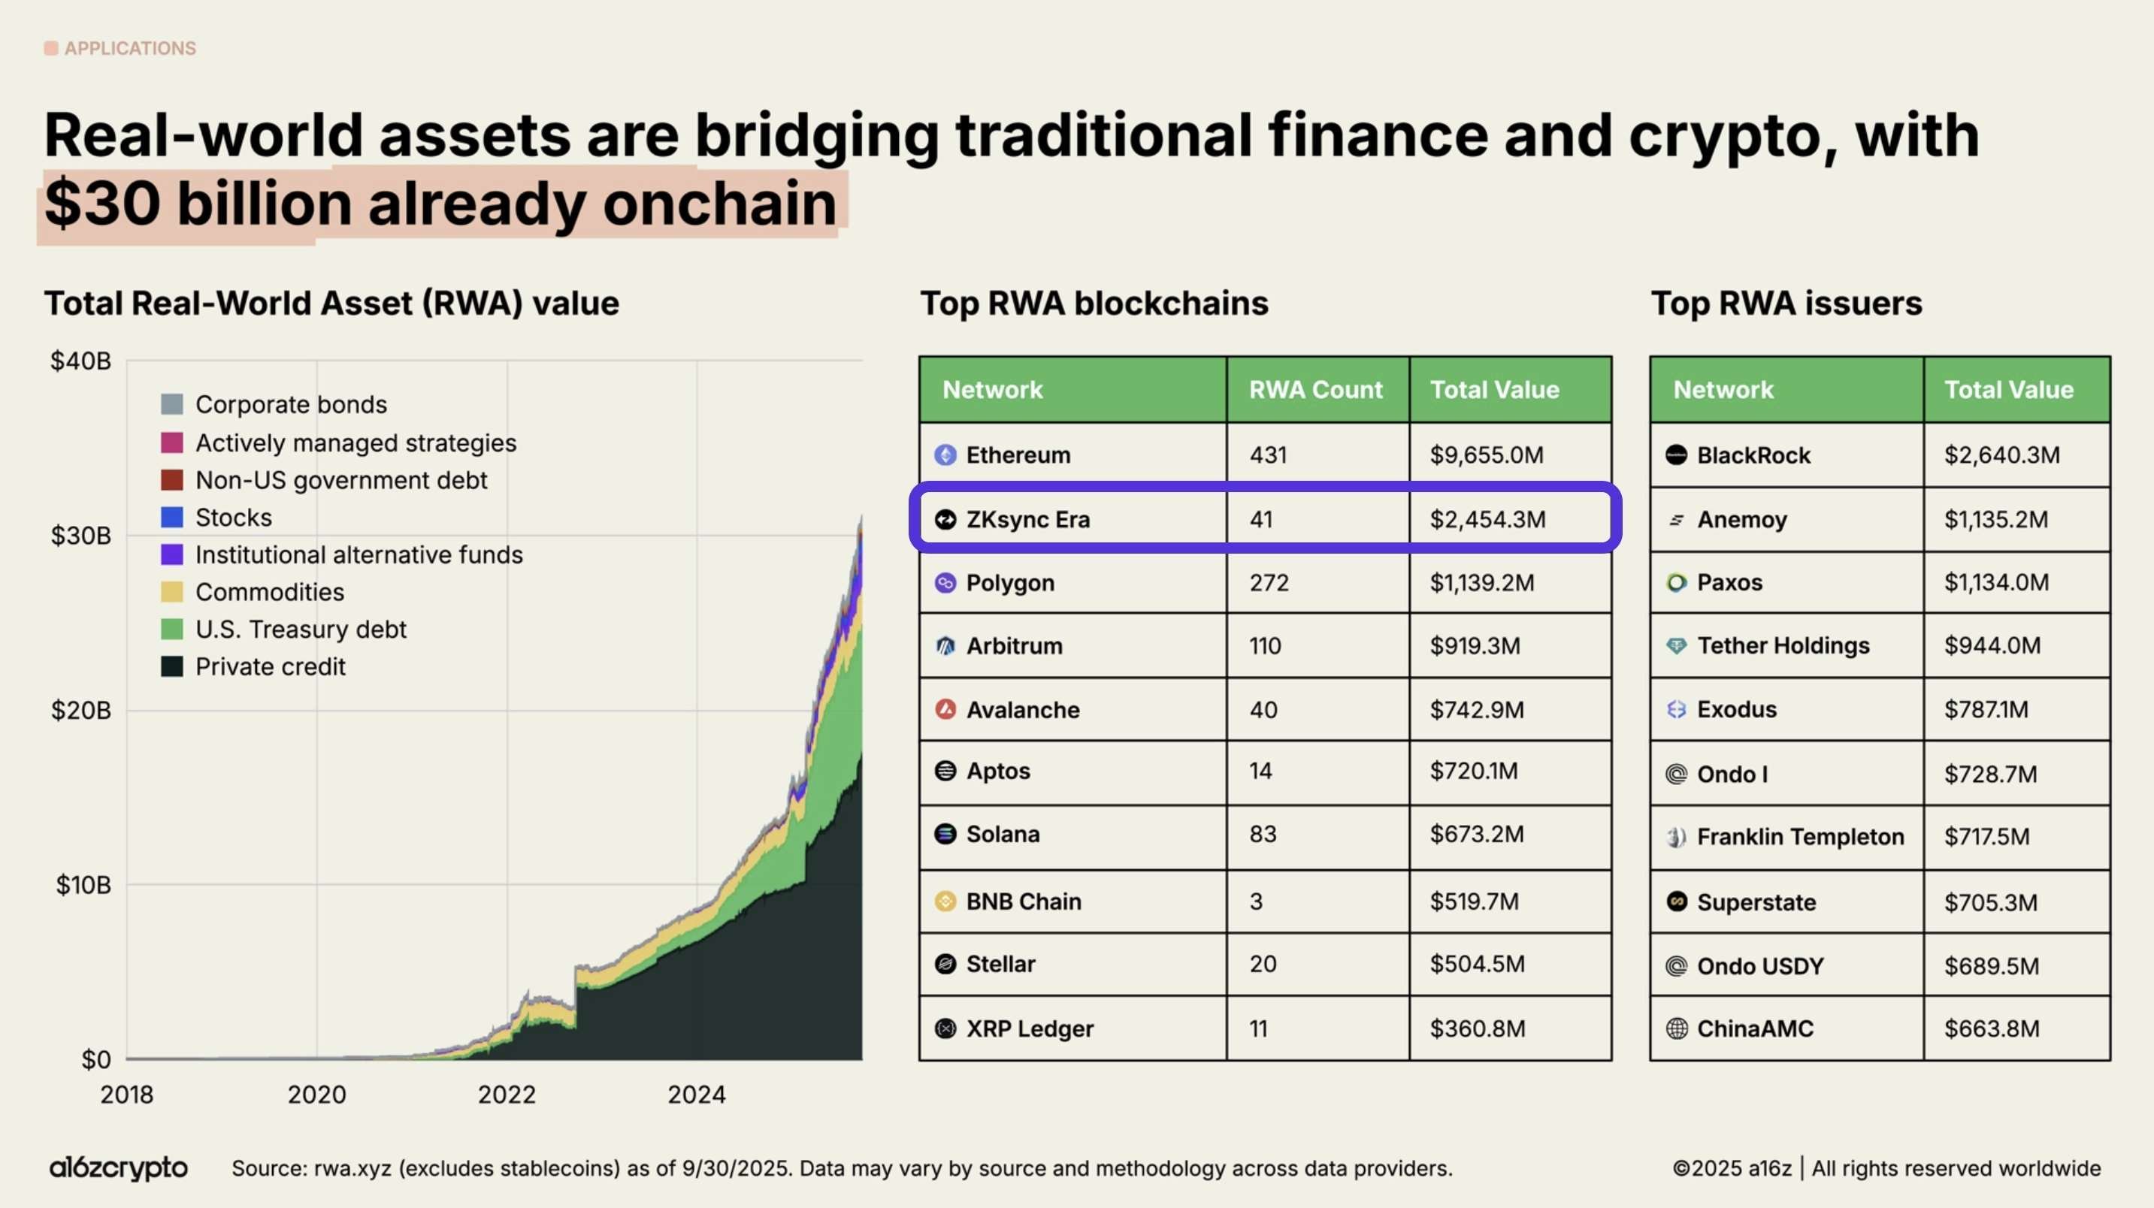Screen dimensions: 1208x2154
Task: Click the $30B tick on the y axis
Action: coord(81,536)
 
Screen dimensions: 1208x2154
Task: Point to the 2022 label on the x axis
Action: coord(506,1095)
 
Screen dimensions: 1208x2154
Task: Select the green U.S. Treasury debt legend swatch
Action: coord(171,630)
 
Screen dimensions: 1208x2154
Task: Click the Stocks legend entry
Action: coord(233,518)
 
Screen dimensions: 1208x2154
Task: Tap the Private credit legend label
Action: coord(270,666)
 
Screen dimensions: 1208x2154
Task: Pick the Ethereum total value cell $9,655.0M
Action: coord(1486,455)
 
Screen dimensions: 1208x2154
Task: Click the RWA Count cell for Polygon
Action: coord(1269,583)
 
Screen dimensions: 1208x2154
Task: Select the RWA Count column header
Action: coord(1315,390)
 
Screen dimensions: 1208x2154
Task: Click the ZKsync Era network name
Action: coord(1027,519)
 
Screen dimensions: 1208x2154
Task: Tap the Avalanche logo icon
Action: coord(945,710)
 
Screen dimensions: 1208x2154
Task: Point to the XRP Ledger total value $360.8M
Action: coord(1477,1028)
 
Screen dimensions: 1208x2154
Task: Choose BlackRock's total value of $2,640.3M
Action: coord(2001,455)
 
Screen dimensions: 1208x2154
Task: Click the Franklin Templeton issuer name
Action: coord(1799,837)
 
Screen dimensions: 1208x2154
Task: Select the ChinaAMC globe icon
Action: coord(1677,1028)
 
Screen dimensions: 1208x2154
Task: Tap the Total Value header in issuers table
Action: coord(2008,390)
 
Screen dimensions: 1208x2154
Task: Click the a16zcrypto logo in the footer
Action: coord(119,1168)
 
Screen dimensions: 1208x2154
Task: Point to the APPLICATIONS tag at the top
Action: coord(129,49)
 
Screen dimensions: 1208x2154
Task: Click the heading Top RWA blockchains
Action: coord(1094,304)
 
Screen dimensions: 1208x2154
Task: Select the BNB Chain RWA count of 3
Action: coord(1256,901)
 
